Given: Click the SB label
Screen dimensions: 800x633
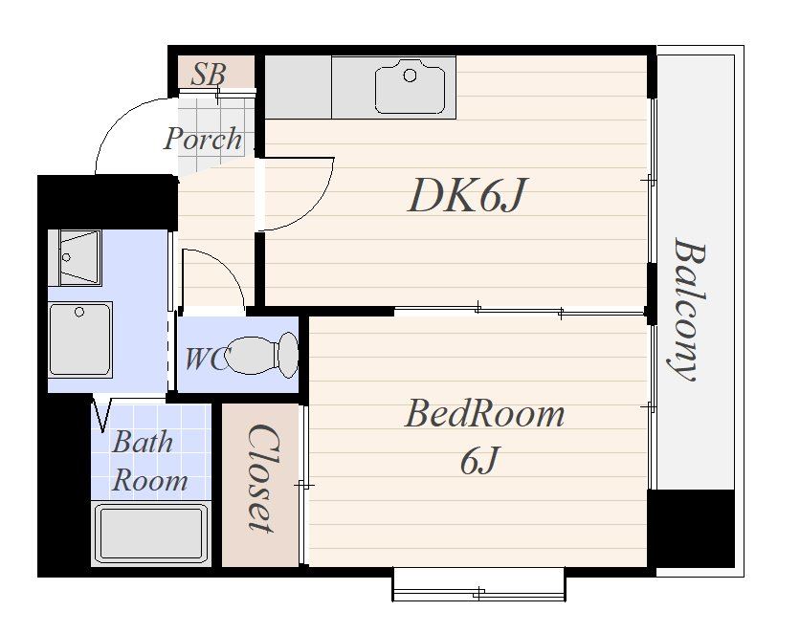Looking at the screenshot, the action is pos(209,75).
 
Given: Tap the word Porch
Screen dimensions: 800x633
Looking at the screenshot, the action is pos(203,139).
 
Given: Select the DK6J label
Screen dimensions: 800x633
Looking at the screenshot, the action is pos(467,195).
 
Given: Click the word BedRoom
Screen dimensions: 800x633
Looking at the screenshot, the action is pos(485,414).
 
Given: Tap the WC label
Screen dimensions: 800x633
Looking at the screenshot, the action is pos(206,359).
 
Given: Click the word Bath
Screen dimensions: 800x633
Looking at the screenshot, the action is pos(143,442).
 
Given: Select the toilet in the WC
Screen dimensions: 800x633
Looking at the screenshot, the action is pos(261,356).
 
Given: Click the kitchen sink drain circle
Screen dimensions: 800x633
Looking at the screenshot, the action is pos(410,76).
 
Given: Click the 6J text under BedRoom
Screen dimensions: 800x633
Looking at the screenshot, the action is pos(478,461).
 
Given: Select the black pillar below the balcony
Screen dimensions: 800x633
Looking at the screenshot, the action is pos(691,528).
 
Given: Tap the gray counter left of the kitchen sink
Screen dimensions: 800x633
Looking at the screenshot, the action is pos(299,87).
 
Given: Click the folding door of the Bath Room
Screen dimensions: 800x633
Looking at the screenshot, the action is pos(102,413).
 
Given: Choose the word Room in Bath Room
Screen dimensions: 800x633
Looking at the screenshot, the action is pos(149,481).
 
